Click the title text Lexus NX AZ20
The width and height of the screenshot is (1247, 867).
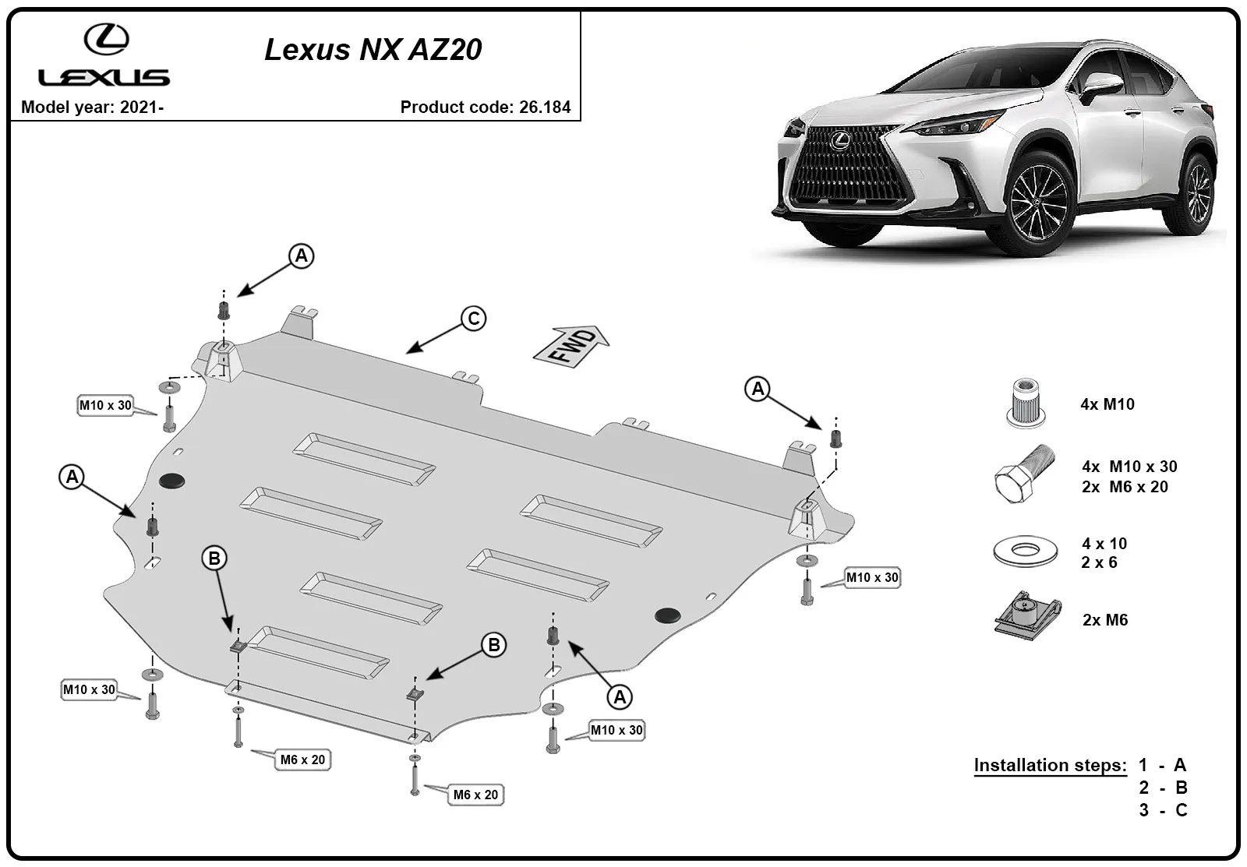click(x=373, y=50)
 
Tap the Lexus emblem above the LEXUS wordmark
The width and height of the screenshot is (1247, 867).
click(x=106, y=40)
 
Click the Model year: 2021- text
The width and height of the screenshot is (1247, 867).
click(x=93, y=107)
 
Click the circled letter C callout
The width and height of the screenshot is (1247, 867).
click(x=473, y=319)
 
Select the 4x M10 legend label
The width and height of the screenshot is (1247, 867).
click(x=1107, y=404)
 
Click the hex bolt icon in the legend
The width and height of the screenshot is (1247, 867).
click(x=1024, y=474)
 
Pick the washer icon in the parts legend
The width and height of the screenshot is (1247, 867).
click(x=1026, y=551)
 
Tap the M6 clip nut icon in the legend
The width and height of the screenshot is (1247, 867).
click(x=1028, y=617)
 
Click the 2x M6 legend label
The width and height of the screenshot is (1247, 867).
click(x=1105, y=620)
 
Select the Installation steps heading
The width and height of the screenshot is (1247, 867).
click(x=1050, y=765)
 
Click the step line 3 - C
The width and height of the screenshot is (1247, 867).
click(x=1163, y=810)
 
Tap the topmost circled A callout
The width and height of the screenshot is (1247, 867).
click(x=301, y=256)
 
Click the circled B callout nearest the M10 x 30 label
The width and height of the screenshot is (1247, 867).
click(x=494, y=645)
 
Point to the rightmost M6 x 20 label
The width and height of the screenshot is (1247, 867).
click(x=475, y=795)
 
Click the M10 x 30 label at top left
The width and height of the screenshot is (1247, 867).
click(x=105, y=405)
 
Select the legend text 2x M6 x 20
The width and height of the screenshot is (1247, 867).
click(x=1125, y=487)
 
